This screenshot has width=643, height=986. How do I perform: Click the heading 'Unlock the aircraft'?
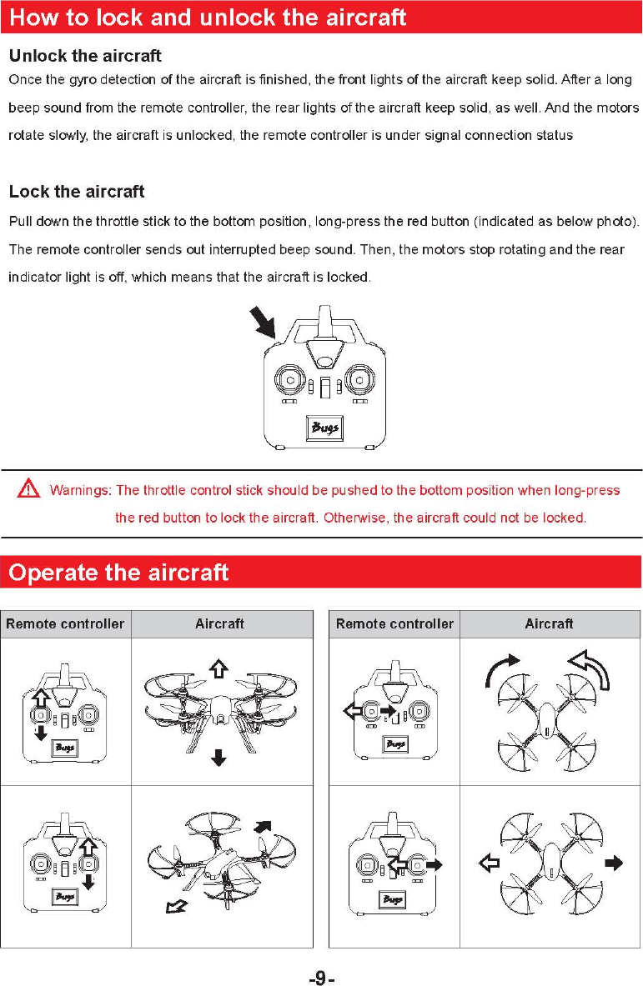click(x=85, y=57)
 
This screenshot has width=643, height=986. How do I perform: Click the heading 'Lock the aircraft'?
click(x=77, y=192)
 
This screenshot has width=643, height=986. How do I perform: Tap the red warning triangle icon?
click(x=29, y=490)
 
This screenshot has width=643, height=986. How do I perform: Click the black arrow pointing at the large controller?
click(x=264, y=321)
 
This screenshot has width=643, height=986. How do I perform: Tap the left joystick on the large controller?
click(x=289, y=379)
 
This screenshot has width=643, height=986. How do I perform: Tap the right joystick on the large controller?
click(x=359, y=379)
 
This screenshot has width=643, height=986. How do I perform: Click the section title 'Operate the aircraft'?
click(x=118, y=573)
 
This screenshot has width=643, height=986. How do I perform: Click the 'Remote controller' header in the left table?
click(x=65, y=623)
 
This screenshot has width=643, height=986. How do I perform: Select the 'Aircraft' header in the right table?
click(x=549, y=623)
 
